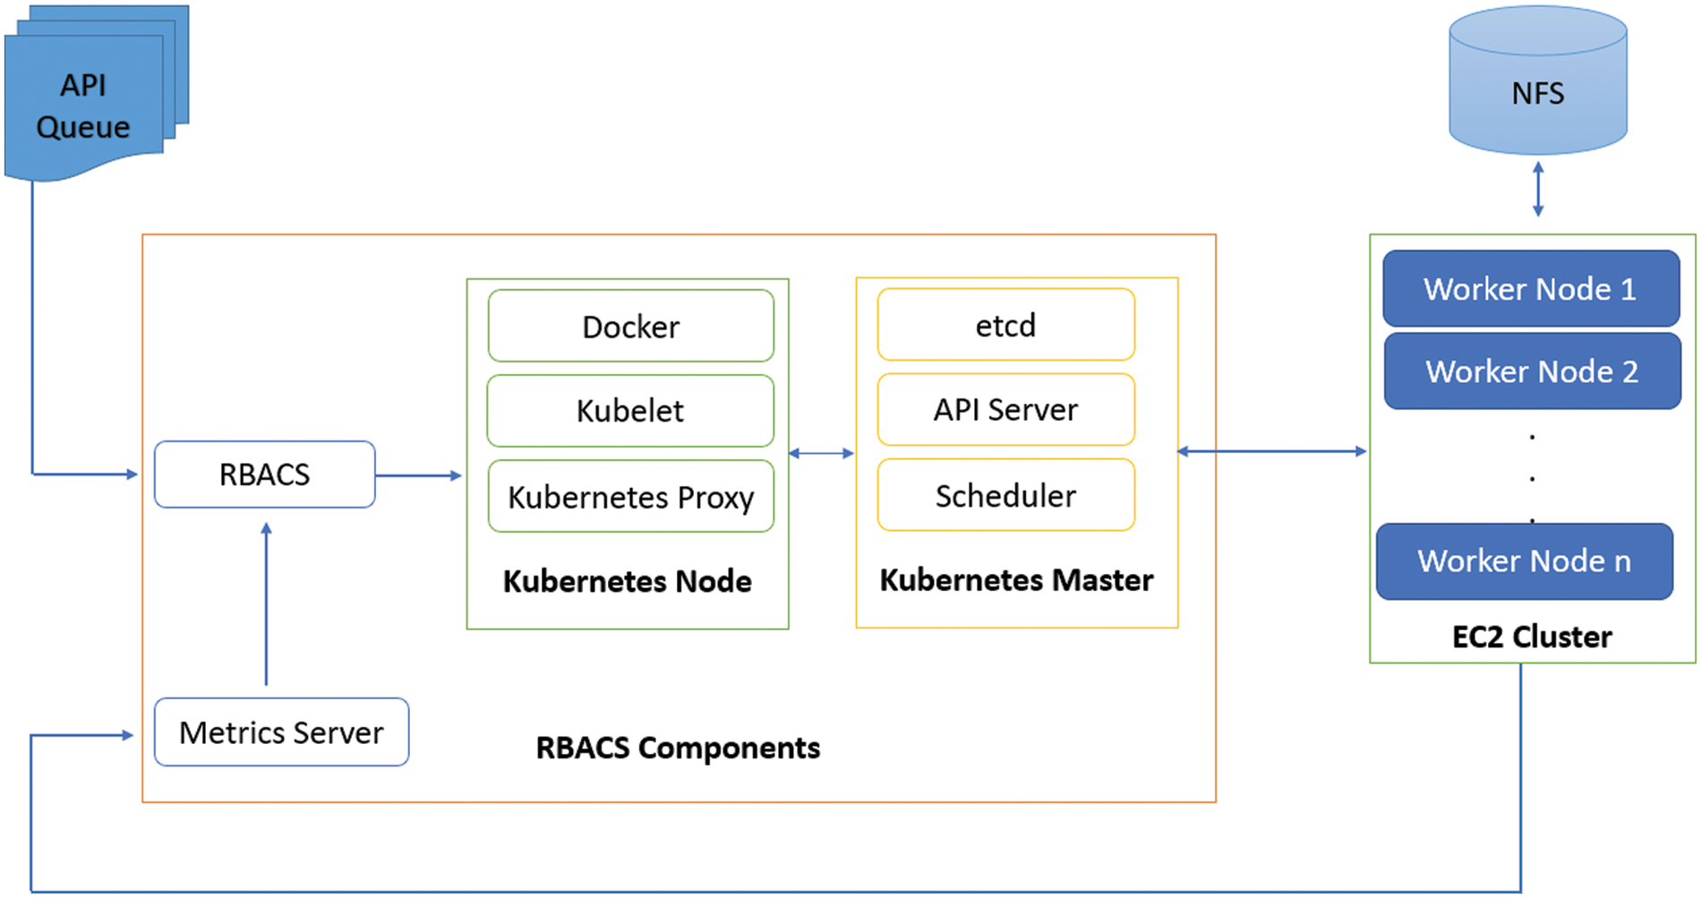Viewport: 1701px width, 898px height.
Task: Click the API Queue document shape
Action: [x=84, y=106]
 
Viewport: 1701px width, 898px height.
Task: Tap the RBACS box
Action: [x=264, y=475]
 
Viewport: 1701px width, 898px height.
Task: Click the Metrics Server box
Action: [x=281, y=732]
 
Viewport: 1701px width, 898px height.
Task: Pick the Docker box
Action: [x=630, y=327]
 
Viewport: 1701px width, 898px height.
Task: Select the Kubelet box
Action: [x=630, y=411]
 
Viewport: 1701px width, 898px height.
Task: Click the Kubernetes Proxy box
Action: [x=630, y=497]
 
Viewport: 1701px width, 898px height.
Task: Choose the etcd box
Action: [x=1005, y=325]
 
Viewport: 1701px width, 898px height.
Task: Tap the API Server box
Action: [x=1005, y=410]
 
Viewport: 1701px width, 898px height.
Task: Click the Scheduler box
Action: [x=1005, y=495]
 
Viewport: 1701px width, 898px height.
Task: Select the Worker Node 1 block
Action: [x=1530, y=288]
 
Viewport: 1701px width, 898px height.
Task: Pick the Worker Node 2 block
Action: [x=1532, y=372]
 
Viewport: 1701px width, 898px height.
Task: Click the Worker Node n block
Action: [x=1524, y=561]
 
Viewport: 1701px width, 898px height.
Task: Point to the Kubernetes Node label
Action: [x=627, y=581]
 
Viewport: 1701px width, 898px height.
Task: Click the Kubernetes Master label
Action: [x=1016, y=580]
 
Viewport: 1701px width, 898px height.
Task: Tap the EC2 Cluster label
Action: [x=1532, y=637]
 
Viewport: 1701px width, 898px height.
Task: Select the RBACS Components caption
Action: [x=678, y=748]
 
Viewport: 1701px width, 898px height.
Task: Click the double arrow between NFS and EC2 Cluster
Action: [x=1537, y=189]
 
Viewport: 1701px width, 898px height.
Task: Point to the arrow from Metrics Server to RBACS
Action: [x=266, y=604]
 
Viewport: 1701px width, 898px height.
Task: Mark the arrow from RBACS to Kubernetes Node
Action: [x=418, y=475]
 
